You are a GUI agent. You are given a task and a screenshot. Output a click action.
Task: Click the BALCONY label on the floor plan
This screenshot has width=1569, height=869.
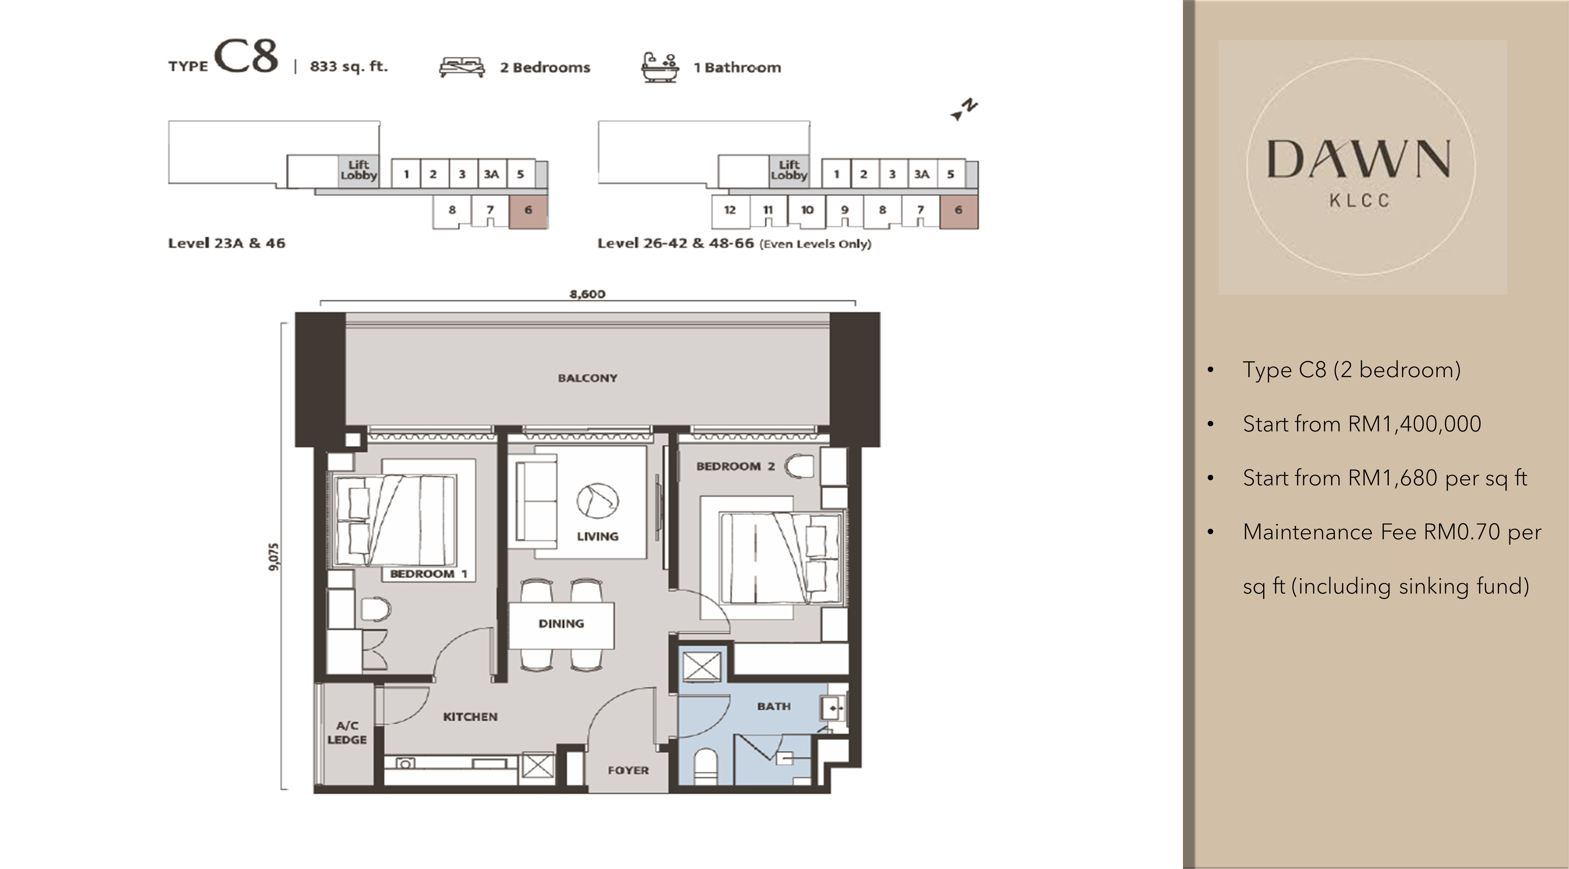(587, 378)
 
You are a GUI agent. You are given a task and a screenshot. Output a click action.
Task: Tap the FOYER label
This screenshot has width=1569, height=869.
(628, 770)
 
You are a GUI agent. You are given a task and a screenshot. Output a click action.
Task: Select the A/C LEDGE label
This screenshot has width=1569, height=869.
(347, 733)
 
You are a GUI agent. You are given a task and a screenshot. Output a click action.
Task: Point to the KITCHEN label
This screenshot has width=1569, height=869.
(470, 717)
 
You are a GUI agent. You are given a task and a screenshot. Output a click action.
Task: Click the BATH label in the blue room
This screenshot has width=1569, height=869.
(774, 706)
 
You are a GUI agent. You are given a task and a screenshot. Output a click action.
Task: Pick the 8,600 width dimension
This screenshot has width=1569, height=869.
(587, 294)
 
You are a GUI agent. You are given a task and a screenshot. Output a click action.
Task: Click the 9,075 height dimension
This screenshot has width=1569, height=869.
(274, 557)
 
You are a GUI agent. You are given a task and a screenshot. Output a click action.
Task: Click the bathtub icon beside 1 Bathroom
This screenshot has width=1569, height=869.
(660, 67)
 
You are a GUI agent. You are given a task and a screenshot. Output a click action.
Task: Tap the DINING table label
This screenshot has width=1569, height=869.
(561, 623)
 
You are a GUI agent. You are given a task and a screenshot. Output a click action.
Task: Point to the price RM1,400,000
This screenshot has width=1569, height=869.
(1414, 424)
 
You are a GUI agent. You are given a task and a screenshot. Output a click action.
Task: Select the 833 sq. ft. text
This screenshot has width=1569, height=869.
(348, 66)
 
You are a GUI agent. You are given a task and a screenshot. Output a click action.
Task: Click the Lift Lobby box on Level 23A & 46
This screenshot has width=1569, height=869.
(359, 171)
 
